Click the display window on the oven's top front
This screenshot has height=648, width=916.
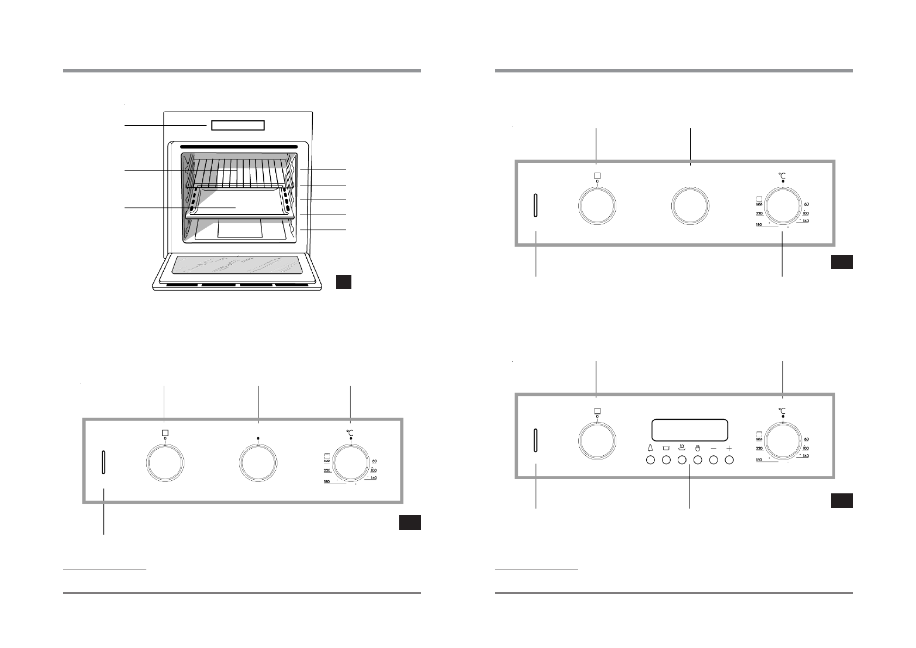click(238, 125)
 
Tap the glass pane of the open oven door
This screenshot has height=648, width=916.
click(237, 265)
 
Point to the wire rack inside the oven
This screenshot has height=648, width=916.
click(238, 172)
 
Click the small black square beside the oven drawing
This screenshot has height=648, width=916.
click(343, 282)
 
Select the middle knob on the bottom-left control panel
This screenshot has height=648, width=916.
click(258, 463)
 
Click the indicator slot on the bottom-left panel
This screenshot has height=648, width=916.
click(103, 462)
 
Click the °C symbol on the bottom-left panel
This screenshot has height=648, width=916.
click(351, 432)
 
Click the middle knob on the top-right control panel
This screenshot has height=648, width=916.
click(690, 205)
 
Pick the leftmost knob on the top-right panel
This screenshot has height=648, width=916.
click(597, 205)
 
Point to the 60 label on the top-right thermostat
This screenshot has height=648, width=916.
click(807, 204)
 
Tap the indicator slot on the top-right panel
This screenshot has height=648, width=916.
click(536, 205)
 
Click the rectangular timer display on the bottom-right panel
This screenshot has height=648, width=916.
click(689, 430)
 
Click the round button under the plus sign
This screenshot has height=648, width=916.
click(729, 460)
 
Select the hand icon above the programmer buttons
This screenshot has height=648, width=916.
click(698, 448)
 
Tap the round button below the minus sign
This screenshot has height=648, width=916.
click(714, 460)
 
